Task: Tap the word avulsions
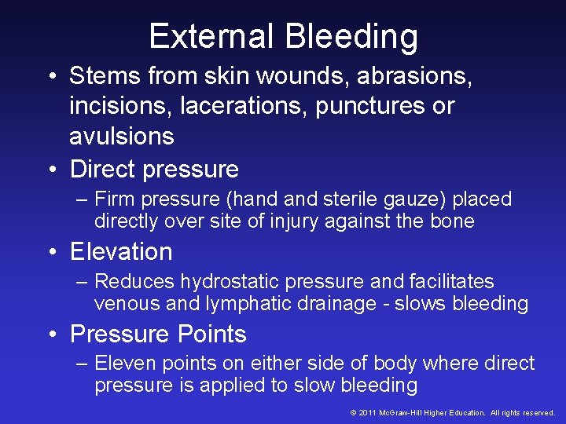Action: click(121, 136)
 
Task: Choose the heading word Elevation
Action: click(121, 251)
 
